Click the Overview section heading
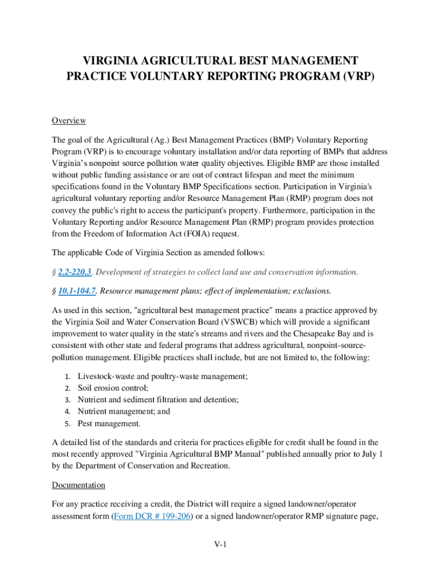coord(69,121)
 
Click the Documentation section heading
coord(78,485)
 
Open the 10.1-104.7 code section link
coord(77,291)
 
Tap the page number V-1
coord(220,544)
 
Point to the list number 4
coord(66,411)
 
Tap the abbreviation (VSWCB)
coord(249,322)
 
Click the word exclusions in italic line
coord(311,291)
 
